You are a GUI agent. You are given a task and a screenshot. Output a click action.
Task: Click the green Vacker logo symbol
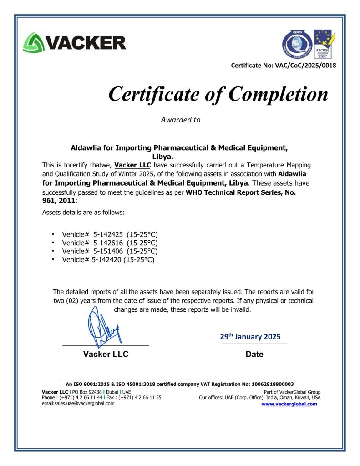click(33, 42)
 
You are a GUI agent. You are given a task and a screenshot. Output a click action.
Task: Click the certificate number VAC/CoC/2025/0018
click(305, 66)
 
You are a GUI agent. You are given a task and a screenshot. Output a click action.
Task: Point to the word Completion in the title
click(278, 94)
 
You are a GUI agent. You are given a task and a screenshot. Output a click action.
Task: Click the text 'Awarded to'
click(180, 120)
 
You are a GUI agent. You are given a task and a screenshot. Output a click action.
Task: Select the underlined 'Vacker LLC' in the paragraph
click(132, 165)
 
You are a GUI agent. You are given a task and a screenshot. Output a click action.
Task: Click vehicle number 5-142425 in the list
click(108, 234)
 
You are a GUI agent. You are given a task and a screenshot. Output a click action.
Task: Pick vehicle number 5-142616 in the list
click(108, 243)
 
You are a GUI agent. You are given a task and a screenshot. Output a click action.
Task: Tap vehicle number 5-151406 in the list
click(108, 251)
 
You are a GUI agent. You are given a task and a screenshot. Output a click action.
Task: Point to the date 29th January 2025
click(250, 337)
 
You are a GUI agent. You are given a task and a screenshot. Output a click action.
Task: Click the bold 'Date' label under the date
click(254, 354)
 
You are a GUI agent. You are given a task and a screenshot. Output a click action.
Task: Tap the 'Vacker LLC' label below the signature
click(106, 354)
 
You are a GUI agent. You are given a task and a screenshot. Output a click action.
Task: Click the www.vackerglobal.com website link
click(289, 404)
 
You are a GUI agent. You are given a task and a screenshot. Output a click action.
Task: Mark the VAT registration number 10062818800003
click(269, 384)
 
